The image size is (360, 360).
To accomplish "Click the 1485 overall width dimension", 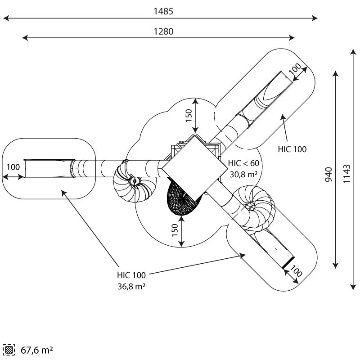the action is coord(163,11).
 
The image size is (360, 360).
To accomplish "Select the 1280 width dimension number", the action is coord(163,31).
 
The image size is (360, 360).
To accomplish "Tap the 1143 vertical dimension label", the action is coord(346,174).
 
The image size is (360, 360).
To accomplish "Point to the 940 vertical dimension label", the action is coord(328,175).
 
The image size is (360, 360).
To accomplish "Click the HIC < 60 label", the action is coord(243,163).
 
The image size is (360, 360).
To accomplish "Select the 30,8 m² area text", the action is coord(243,175).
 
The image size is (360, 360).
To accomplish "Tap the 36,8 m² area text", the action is coord(131,286).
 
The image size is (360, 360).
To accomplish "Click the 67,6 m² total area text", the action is coord(37,350).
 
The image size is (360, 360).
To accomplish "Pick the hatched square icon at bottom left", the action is coord(9,350).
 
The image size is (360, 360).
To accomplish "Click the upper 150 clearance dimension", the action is coord(189,116).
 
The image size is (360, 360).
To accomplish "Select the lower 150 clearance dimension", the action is coord(175,230).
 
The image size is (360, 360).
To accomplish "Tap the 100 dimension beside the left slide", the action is coord(13,167).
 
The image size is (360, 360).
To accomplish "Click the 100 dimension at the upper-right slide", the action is coord(295,69).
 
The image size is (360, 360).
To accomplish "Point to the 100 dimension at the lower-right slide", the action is coord(296,271).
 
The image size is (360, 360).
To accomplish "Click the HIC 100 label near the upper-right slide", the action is coord(292,149).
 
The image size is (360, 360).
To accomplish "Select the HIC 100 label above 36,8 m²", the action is coord(131,275).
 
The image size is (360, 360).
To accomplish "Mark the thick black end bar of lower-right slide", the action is coord(288,263).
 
